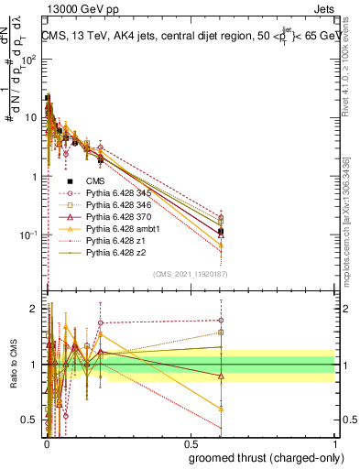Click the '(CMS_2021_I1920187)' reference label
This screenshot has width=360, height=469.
tap(190, 272)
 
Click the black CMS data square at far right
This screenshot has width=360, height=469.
tap(220, 232)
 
